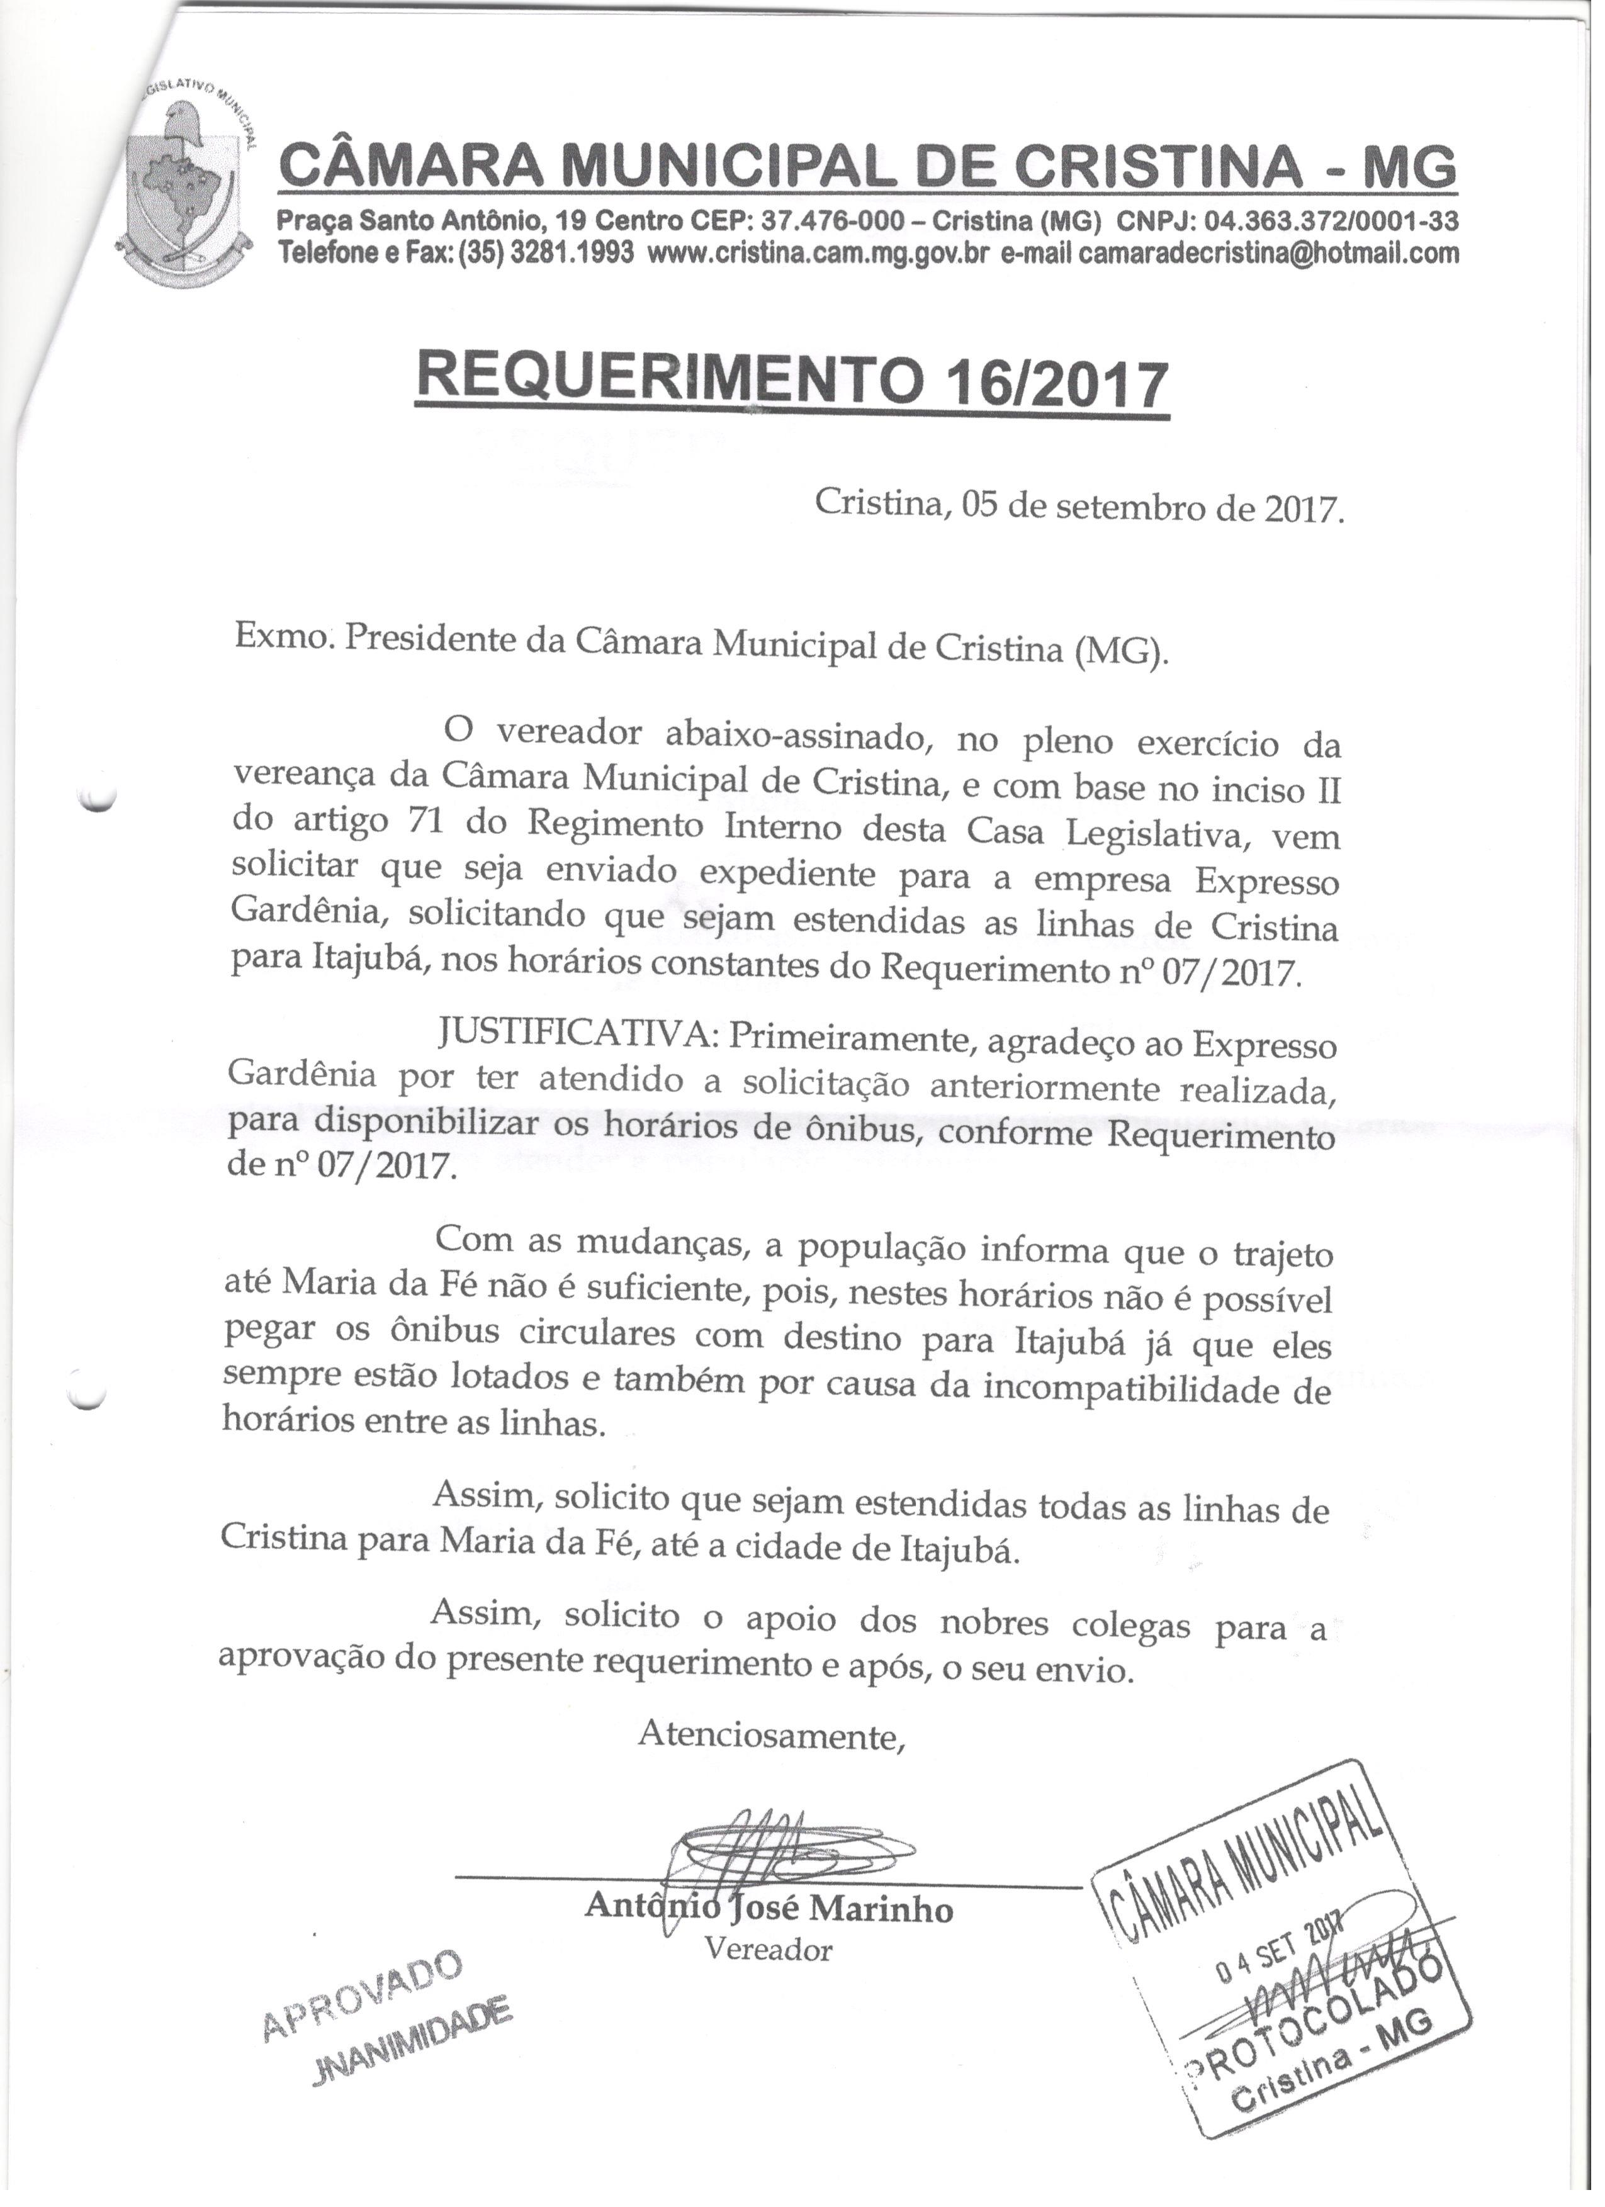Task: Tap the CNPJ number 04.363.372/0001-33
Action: click(1329, 222)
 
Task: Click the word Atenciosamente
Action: click(771, 1735)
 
